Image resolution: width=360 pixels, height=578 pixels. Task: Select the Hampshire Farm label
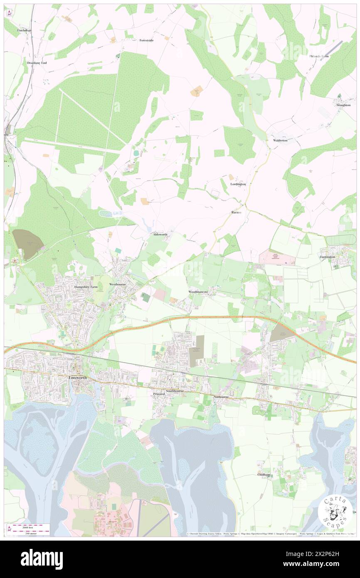[x=86, y=287]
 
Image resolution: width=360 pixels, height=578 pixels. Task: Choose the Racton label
[x=236, y=212]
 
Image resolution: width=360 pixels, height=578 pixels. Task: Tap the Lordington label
[x=238, y=184]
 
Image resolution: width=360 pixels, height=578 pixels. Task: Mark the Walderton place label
[x=280, y=141]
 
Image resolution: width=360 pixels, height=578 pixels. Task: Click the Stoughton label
[x=344, y=105]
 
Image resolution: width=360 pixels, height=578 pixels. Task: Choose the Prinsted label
[x=159, y=394]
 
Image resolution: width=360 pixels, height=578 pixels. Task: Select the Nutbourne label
[x=221, y=397]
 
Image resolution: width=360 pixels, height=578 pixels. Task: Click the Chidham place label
[x=264, y=474]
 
